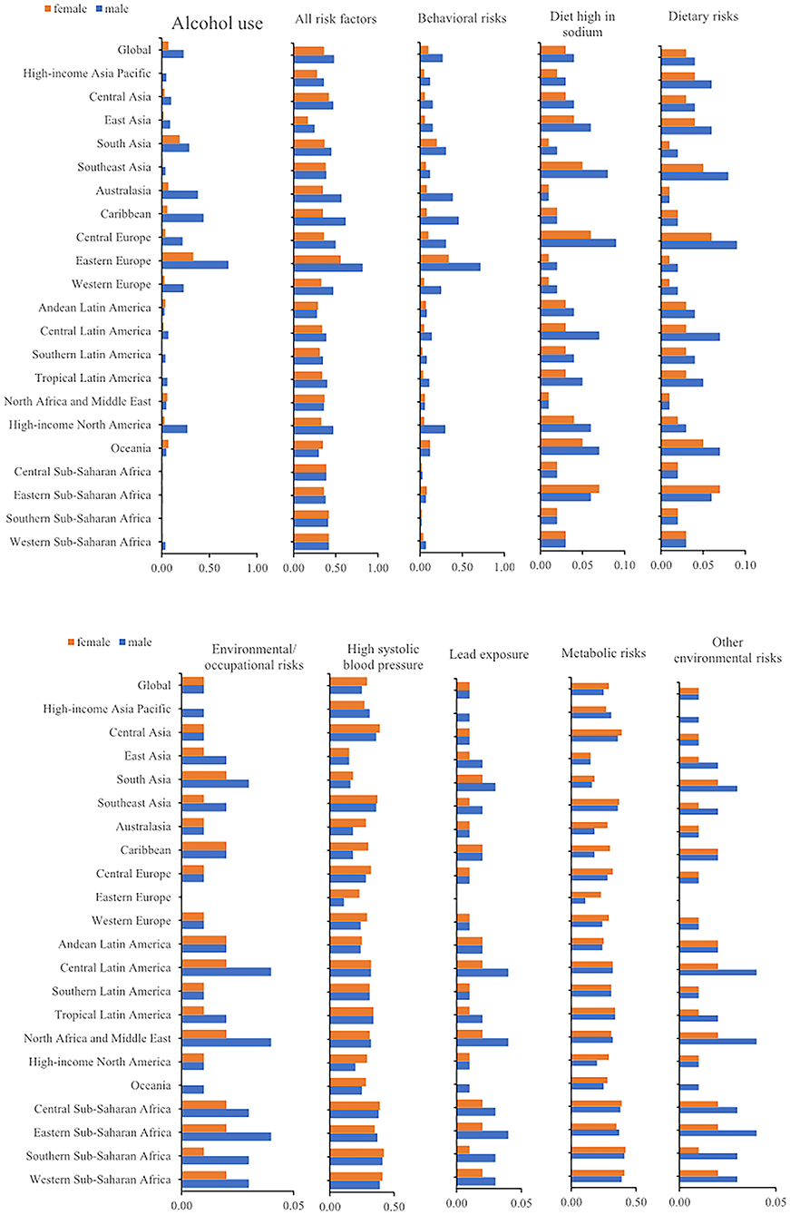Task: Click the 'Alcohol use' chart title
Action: click(217, 24)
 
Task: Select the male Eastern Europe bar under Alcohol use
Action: click(195, 265)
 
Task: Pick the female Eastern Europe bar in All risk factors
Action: click(317, 260)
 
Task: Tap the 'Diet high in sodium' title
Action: click(582, 24)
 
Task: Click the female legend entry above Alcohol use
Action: click(65, 9)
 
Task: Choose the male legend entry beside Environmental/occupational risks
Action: click(135, 642)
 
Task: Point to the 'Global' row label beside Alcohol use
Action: click(134, 50)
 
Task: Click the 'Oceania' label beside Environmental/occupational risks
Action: click(151, 1085)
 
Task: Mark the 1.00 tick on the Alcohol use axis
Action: click(257, 568)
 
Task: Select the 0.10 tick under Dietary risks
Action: click(745, 565)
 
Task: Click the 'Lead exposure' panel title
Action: click(489, 654)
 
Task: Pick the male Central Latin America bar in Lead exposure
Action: click(483, 973)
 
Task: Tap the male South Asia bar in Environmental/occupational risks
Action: click(215, 783)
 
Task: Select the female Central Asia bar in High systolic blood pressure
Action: click(355, 729)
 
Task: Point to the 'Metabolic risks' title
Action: click(603, 653)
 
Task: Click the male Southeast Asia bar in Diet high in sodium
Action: click(574, 173)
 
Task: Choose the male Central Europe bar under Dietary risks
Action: click(699, 245)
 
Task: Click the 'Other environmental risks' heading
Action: click(727, 650)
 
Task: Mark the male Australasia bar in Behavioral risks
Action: click(436, 197)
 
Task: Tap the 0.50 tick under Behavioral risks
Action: click(463, 567)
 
